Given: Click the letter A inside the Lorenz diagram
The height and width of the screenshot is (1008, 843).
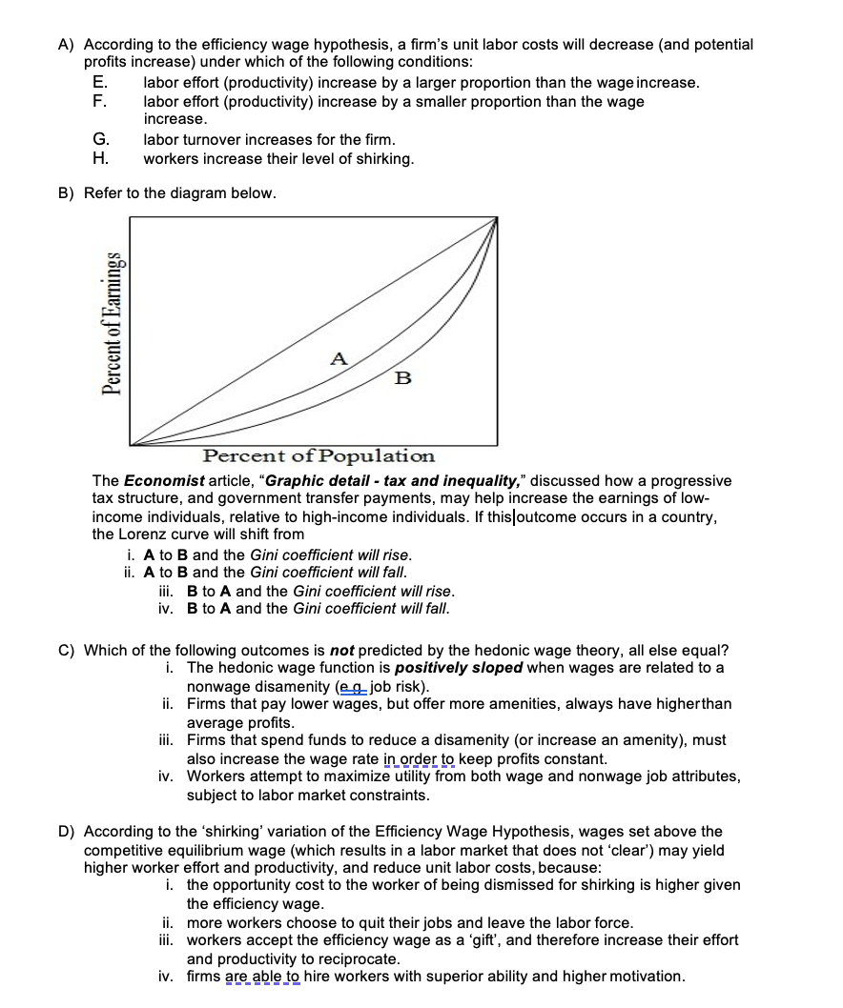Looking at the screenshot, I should tap(338, 358).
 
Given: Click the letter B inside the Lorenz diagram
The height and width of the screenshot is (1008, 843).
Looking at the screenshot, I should tap(402, 378).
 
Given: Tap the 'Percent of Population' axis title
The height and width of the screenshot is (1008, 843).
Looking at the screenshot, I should tap(319, 456).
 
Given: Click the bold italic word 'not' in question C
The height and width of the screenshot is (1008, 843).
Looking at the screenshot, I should tap(342, 650).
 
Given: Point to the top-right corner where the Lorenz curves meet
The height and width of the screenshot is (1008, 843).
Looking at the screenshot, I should tap(497, 218).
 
